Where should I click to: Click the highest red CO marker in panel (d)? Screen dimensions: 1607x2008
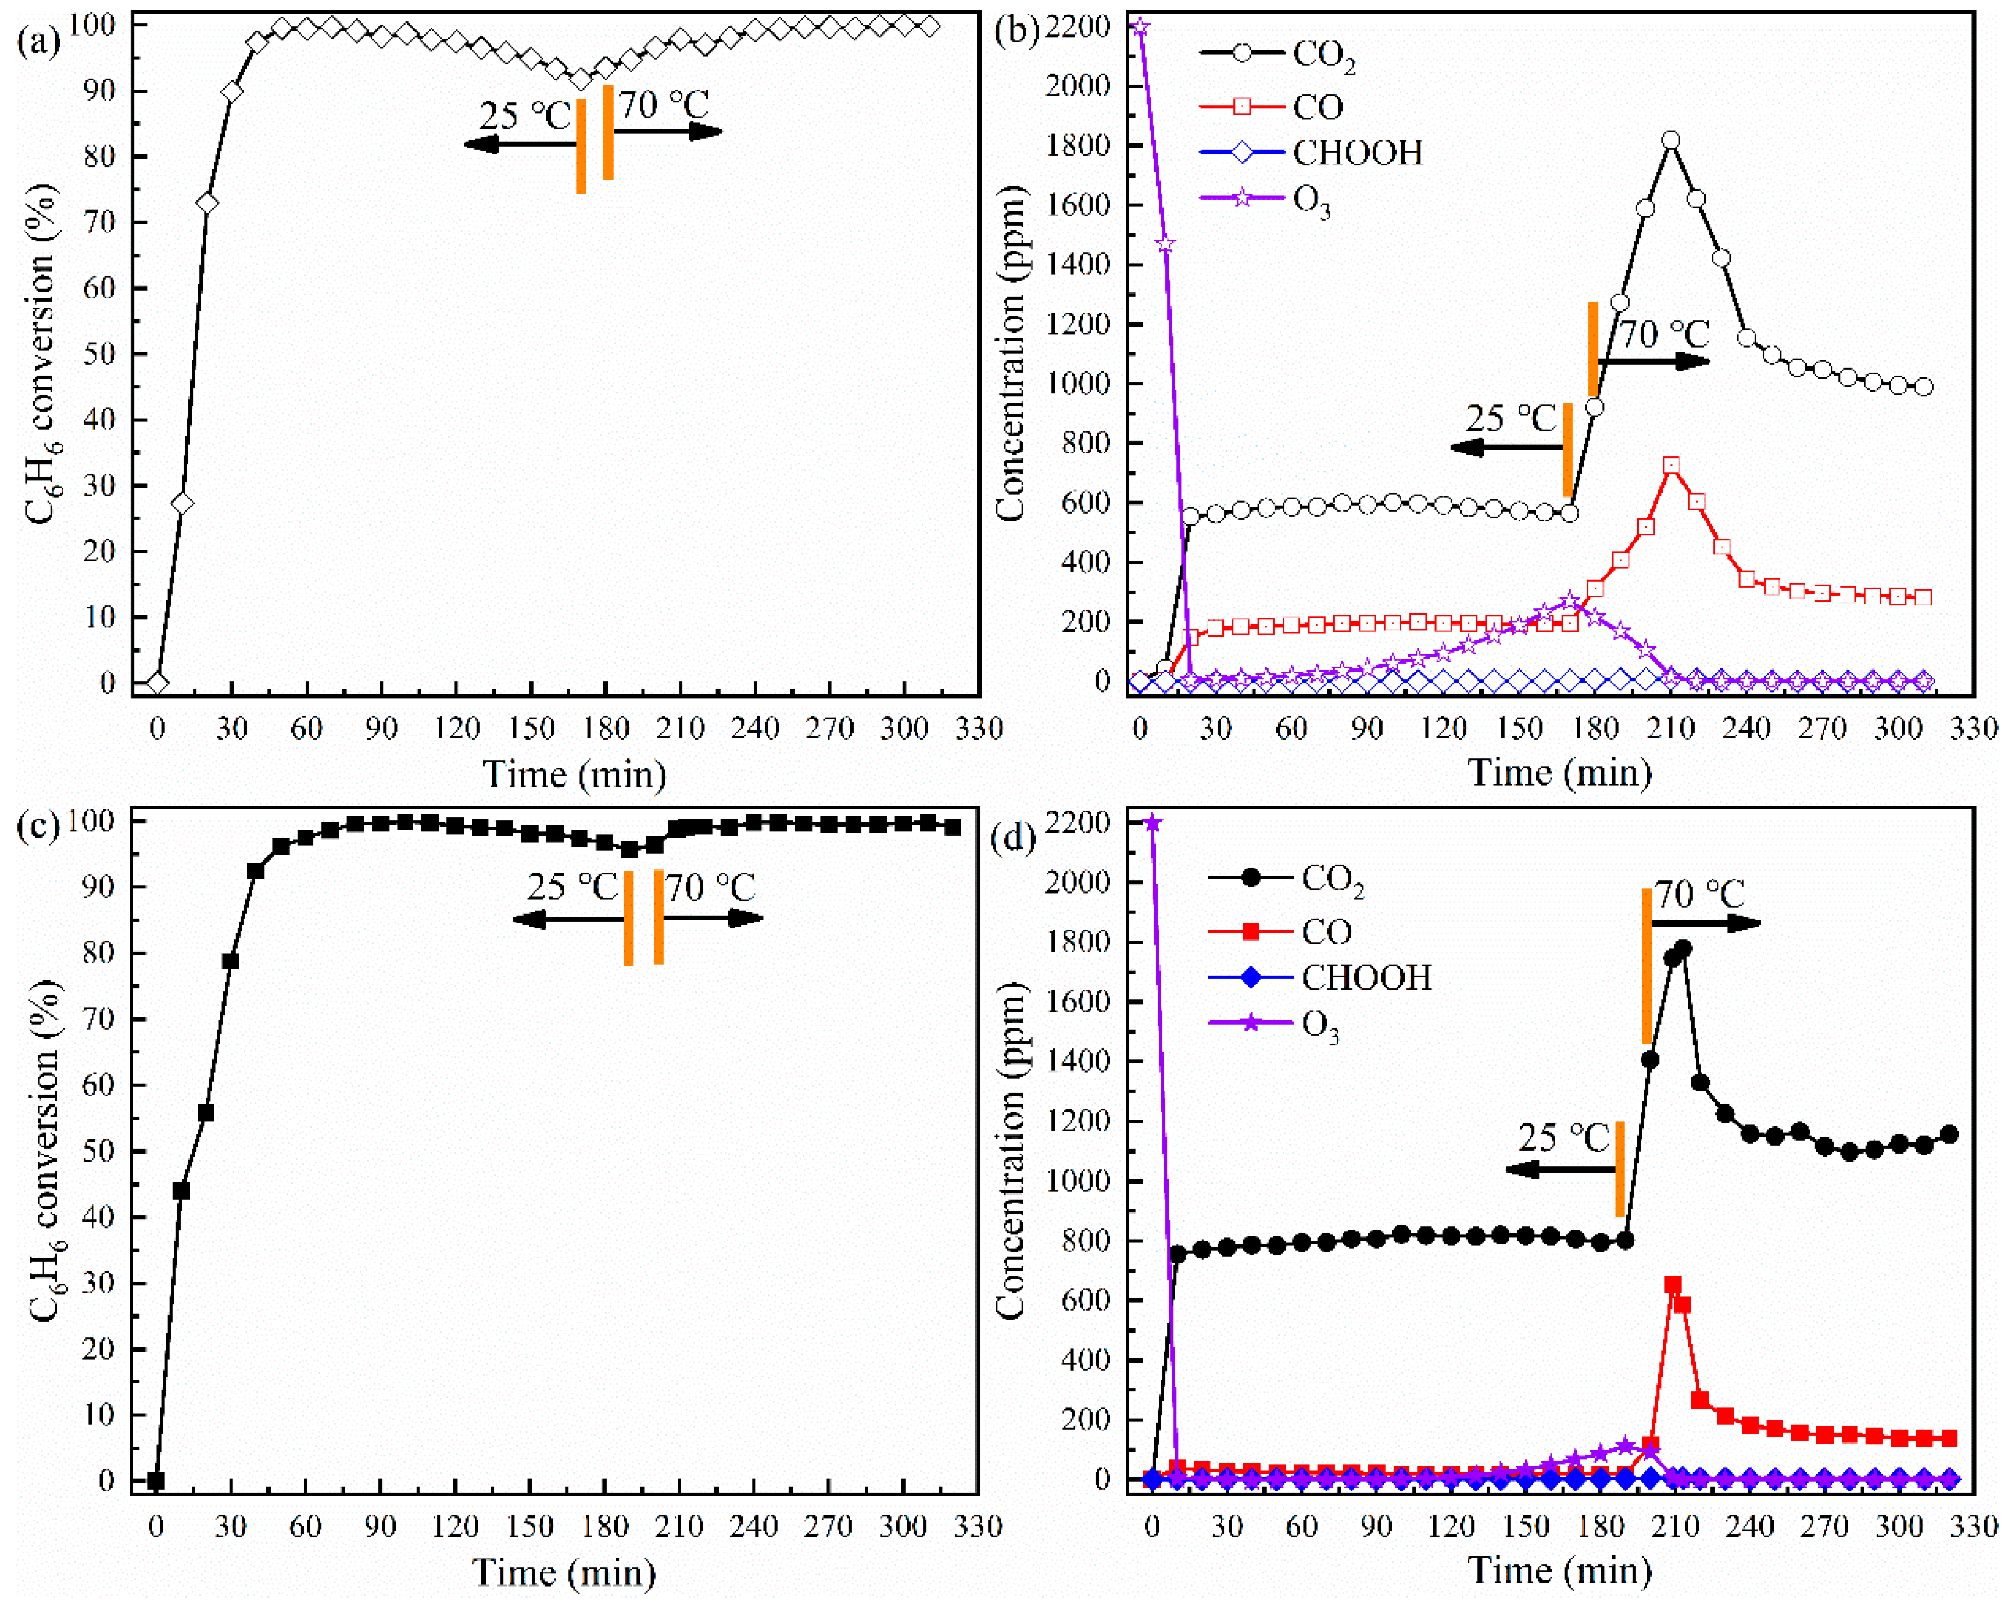[1673, 1284]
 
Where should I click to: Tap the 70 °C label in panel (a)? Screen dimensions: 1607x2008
[664, 104]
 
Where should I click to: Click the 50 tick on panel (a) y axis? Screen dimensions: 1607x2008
[104, 354]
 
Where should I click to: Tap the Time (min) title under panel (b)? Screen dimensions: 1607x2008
[1559, 772]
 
